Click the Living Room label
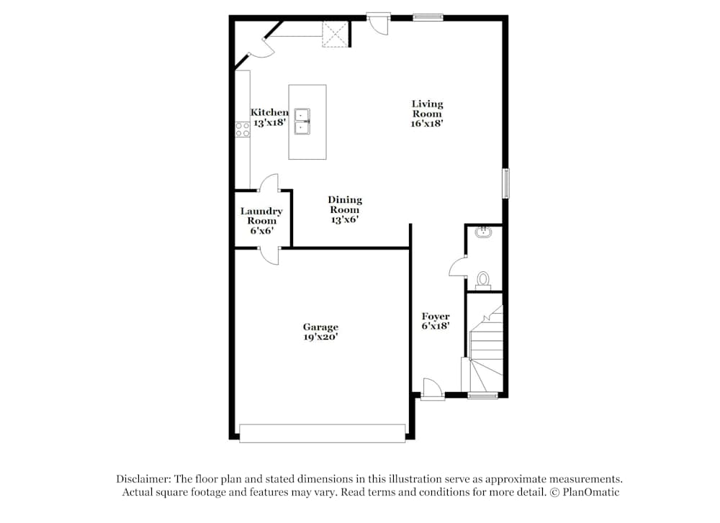(x=427, y=109)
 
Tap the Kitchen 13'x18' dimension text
(x=269, y=123)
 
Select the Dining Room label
(x=345, y=205)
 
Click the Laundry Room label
(x=261, y=216)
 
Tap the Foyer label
(x=436, y=317)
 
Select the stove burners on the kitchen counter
(x=242, y=129)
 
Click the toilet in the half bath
(x=483, y=278)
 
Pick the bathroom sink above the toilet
(x=484, y=232)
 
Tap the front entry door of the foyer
(x=432, y=389)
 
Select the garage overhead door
(x=322, y=433)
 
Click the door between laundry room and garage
(x=269, y=254)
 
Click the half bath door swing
(x=457, y=267)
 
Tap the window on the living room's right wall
(x=506, y=183)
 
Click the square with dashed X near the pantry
(x=335, y=34)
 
